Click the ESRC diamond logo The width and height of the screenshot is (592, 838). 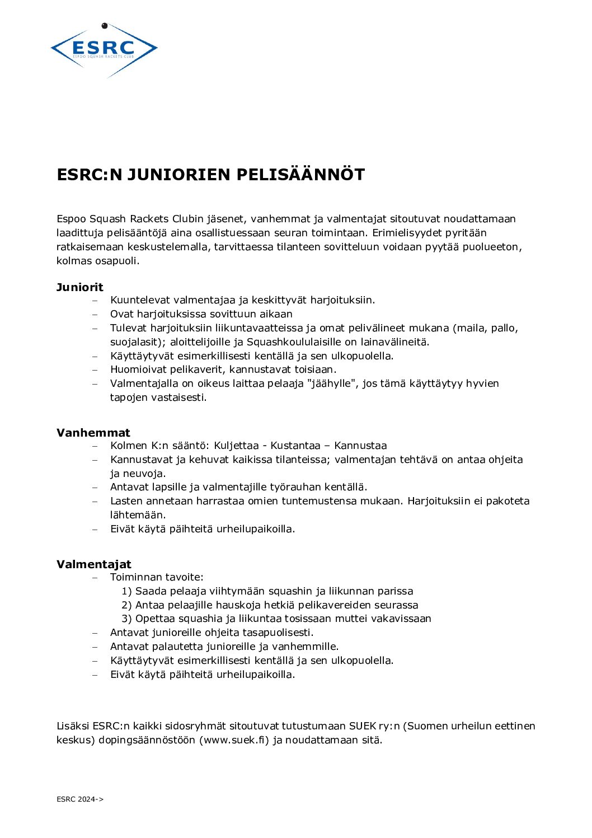tap(104, 50)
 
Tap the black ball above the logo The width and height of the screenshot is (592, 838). tap(104, 26)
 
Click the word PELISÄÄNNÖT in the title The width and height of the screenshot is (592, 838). tap(300, 175)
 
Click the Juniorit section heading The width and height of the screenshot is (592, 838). tap(80, 287)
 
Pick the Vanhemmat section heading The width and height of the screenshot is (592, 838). tap(93, 433)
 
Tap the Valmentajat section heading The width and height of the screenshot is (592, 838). tap(94, 564)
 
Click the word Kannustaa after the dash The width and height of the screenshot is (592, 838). tap(360, 446)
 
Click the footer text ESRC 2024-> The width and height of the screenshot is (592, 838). tap(80, 799)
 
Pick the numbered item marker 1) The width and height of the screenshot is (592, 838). tap(126, 591)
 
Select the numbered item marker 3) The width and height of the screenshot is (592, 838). tap(126, 619)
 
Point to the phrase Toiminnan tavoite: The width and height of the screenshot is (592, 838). tap(157, 577)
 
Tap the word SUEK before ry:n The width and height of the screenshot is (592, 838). tap(363, 726)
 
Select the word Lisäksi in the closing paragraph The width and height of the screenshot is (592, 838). tap(73, 726)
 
